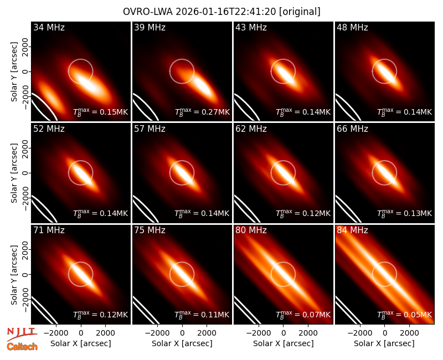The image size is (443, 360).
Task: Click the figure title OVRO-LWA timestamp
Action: [221, 12]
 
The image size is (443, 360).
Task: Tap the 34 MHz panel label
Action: [49, 27]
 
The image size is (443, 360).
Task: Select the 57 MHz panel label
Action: [150, 129]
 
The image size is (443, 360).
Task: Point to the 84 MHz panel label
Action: [352, 230]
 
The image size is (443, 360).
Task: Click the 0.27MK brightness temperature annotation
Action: [202, 112]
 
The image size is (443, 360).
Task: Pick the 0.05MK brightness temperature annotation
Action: [405, 315]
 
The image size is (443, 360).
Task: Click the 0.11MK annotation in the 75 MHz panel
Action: [202, 315]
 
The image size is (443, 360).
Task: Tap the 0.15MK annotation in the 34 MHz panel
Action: [101, 112]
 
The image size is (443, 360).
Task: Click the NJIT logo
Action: [22, 334]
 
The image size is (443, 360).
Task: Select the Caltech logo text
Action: [22, 347]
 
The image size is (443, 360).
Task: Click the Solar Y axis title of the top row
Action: [14, 72]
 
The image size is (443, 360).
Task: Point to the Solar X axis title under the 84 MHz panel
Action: [384, 343]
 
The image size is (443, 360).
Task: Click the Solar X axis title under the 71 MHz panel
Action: [81, 343]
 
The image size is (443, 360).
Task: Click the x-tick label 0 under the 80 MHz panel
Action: [284, 333]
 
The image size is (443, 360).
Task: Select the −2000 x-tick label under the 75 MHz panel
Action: [157, 333]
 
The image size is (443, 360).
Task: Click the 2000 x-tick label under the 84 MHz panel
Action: [409, 333]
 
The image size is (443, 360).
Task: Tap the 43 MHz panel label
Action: [251, 27]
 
